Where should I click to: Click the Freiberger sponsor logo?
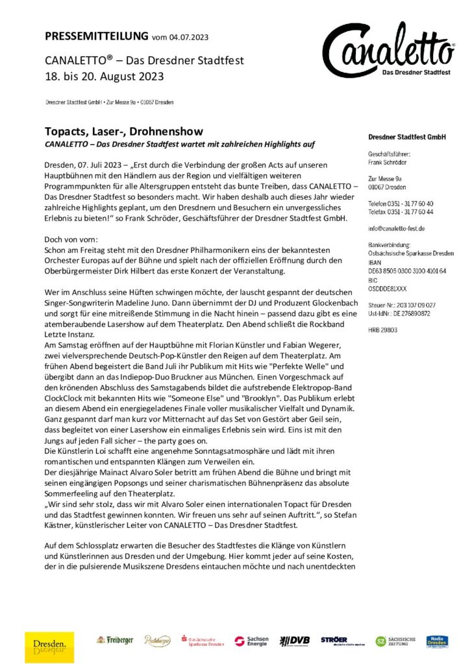click(115, 640)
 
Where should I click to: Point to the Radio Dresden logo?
click(437, 641)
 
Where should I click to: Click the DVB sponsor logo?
click(294, 641)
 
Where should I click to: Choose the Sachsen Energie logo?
click(251, 641)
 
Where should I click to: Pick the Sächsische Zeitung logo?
click(395, 641)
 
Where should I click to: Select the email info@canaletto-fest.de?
click(397, 228)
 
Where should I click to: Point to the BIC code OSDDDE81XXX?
click(388, 289)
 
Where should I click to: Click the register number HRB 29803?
click(382, 329)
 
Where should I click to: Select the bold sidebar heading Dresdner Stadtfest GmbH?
click(406, 137)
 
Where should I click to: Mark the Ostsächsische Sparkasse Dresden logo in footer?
click(203, 641)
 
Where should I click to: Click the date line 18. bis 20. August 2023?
click(105, 76)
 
